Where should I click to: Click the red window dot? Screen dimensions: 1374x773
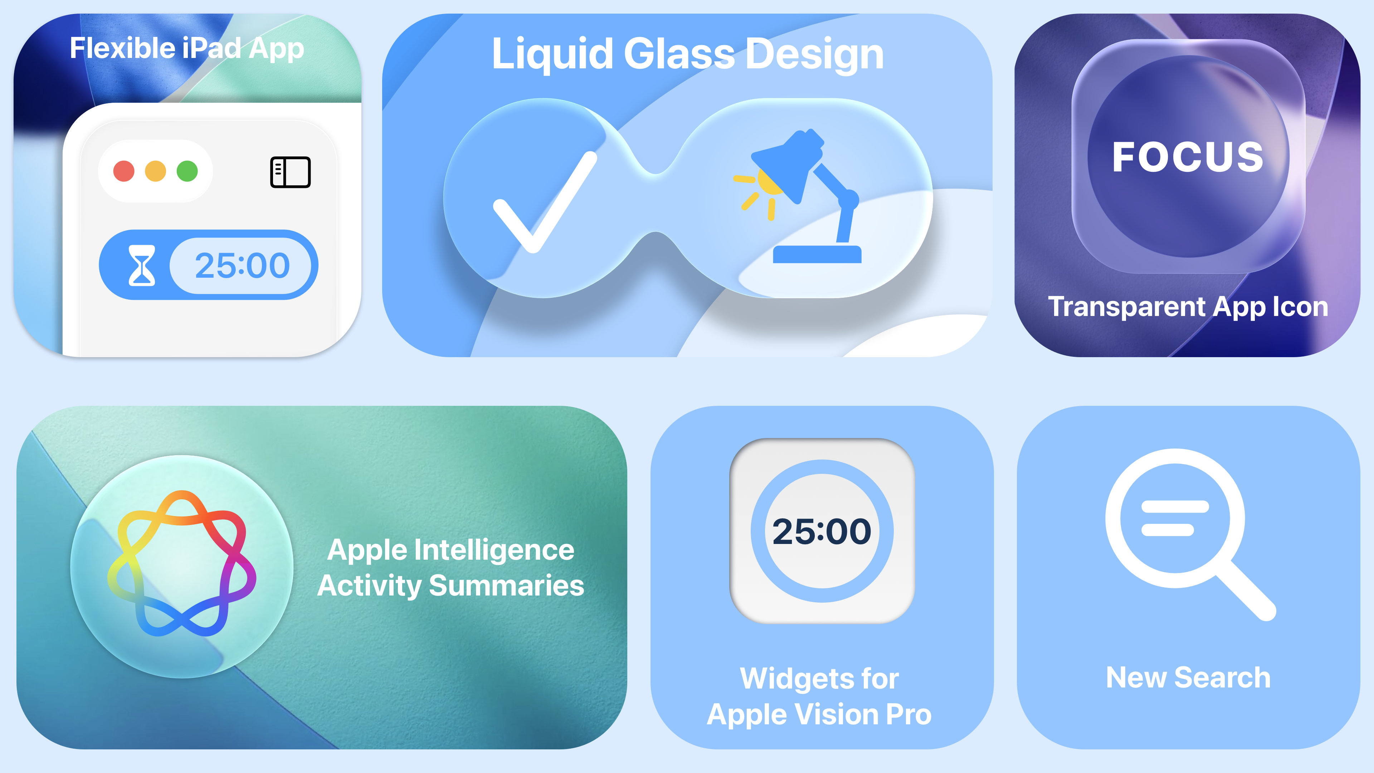tap(124, 171)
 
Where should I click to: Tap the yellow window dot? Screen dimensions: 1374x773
tap(156, 171)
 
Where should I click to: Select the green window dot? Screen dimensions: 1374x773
tap(187, 171)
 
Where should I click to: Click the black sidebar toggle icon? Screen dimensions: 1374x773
tap(290, 172)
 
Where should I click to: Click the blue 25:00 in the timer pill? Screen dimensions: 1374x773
tap(242, 266)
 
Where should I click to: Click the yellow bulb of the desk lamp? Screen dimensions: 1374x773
tap(770, 181)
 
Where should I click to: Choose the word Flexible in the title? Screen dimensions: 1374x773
tap(122, 48)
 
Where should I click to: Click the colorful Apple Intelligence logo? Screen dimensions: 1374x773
tap(182, 563)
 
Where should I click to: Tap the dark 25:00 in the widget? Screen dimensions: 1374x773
tap(822, 531)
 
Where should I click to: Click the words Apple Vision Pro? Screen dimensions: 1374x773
tap(819, 714)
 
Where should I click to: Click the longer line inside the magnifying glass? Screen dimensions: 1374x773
tap(1175, 506)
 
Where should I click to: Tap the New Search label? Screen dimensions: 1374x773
tap(1188, 677)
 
